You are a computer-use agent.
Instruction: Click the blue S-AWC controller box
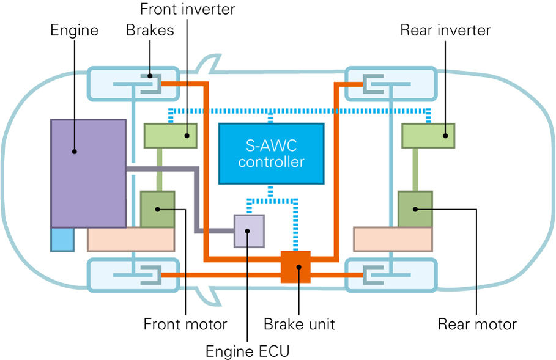point(271,153)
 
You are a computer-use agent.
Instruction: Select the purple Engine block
point(88,173)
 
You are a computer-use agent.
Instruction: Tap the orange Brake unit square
point(295,267)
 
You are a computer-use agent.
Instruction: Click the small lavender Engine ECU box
point(249,231)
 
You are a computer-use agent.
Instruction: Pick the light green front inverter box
point(170,136)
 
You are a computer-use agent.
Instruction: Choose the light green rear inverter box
point(428,136)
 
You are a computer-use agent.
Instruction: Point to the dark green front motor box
point(157,209)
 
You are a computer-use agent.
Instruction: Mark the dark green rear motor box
point(415,209)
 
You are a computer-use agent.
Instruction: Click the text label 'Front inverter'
point(187,10)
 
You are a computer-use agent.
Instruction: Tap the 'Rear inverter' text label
point(445,30)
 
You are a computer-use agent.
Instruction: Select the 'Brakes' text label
point(150,30)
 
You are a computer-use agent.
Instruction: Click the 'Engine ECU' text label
point(247,351)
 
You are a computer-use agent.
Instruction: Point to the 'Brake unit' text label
point(299,323)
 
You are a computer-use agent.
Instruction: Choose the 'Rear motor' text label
point(477,323)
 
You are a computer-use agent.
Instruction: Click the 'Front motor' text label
point(185,323)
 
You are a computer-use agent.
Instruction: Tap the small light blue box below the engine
point(62,239)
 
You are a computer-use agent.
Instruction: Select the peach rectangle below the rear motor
point(393,239)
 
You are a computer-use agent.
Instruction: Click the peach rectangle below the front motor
point(132,239)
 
